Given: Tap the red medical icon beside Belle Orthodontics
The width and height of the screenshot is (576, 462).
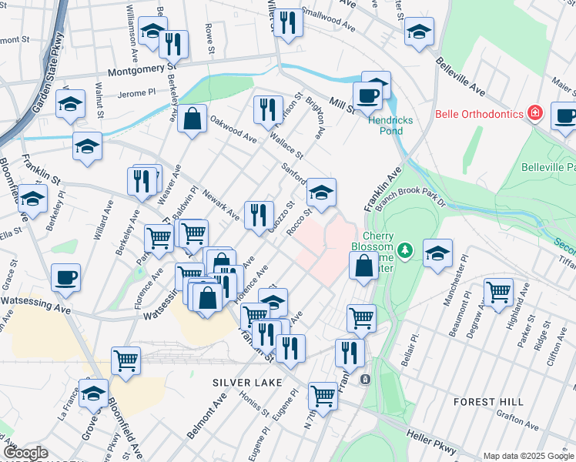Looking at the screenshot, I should coord(535,114).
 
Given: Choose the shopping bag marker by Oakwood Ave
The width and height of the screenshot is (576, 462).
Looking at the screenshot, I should coord(193,119).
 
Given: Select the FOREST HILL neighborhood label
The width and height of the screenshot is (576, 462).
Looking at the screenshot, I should coord(488,402).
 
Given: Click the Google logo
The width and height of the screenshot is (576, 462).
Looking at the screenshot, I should coord(25,454).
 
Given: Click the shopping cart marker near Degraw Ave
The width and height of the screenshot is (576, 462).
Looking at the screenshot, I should coord(498,292).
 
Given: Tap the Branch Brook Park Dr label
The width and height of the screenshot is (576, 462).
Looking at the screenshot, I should coord(413,199).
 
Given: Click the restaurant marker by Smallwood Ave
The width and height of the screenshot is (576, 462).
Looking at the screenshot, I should coord(288,22).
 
